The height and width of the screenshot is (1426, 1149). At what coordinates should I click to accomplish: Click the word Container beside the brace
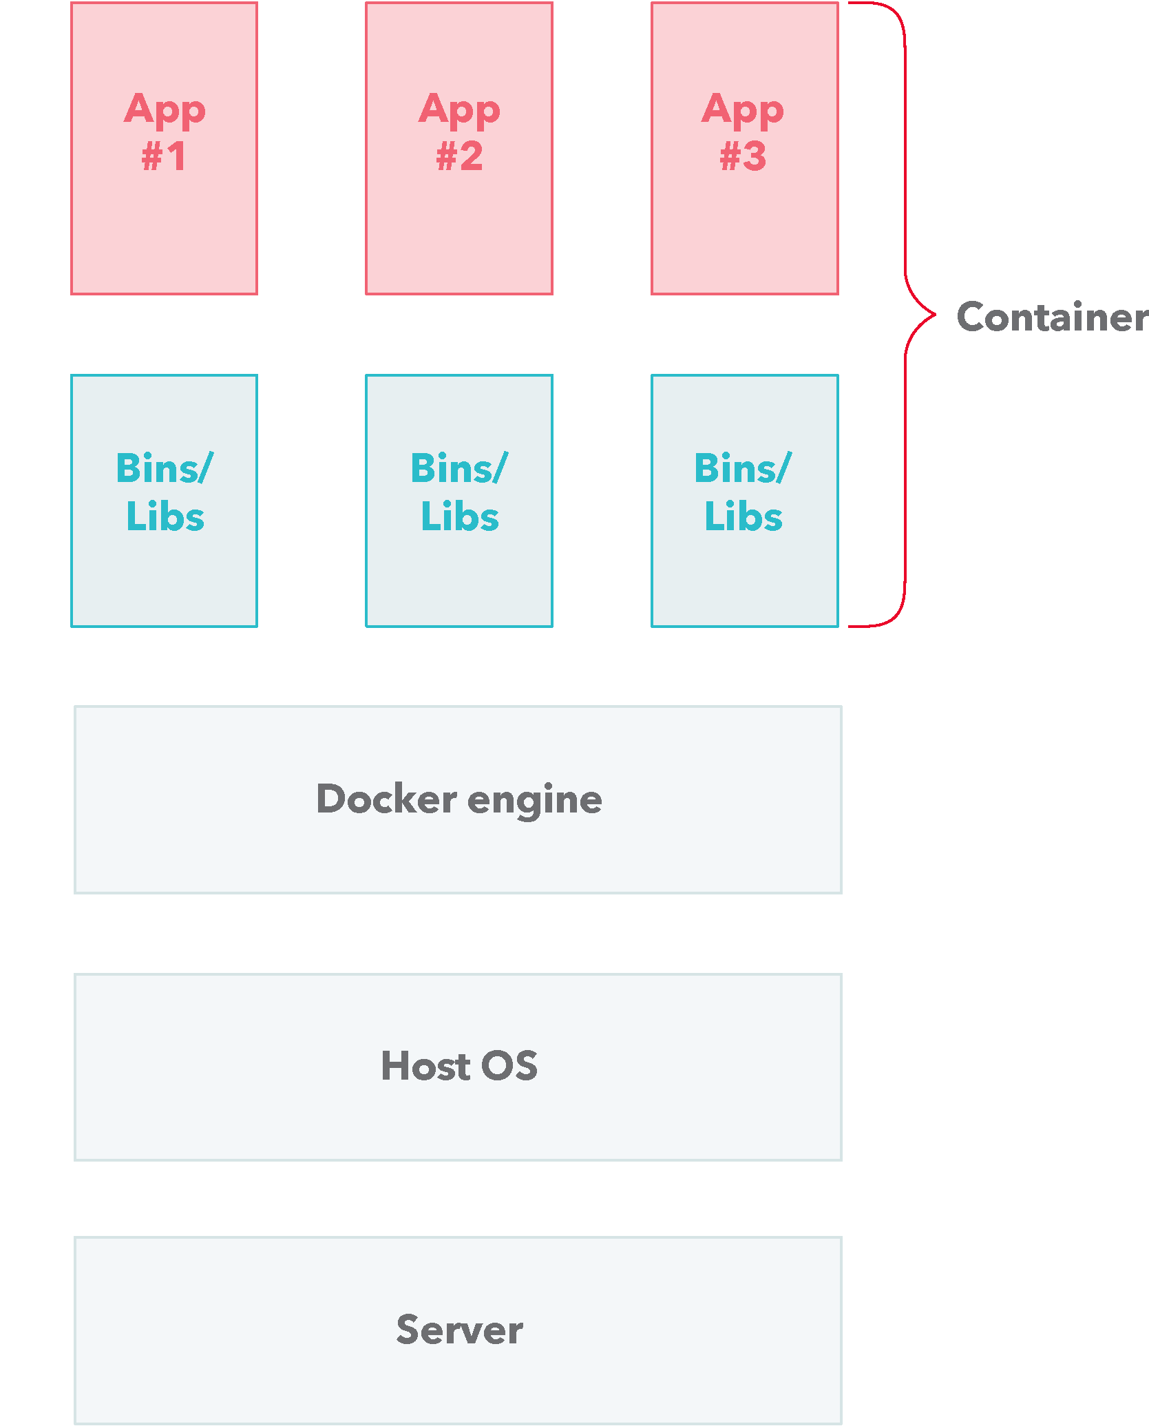(x=1052, y=317)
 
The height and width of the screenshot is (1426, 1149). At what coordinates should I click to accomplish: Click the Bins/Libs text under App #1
(x=165, y=492)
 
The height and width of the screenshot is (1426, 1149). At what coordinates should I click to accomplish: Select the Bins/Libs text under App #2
(x=459, y=492)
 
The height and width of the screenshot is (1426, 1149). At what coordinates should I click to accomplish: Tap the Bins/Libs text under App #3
(x=743, y=492)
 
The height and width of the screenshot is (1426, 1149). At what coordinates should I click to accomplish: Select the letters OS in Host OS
(x=509, y=1066)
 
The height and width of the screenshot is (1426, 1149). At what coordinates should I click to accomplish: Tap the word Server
(x=459, y=1330)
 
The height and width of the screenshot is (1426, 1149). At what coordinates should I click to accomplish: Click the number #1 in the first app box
(x=164, y=156)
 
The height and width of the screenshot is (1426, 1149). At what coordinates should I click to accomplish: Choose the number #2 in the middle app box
(x=459, y=156)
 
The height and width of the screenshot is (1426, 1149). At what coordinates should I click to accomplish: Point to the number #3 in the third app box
(x=743, y=156)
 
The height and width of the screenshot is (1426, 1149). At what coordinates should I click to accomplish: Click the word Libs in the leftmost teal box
(x=165, y=516)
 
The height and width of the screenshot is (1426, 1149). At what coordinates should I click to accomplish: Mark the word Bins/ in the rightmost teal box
(x=743, y=468)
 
